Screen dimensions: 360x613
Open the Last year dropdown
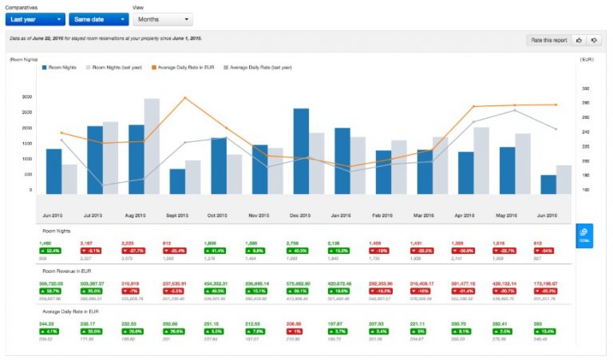click(x=34, y=18)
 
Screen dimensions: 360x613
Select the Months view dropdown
click(x=162, y=18)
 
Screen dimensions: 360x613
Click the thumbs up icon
click(x=578, y=40)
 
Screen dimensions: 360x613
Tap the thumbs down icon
click(x=593, y=40)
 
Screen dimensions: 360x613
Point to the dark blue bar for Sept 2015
click(x=177, y=180)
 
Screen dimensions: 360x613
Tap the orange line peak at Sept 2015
click(x=185, y=98)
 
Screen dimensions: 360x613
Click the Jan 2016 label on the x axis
click(x=342, y=216)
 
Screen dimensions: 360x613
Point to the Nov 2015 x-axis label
click(x=259, y=216)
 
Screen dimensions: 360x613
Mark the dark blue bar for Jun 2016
click(x=548, y=184)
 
